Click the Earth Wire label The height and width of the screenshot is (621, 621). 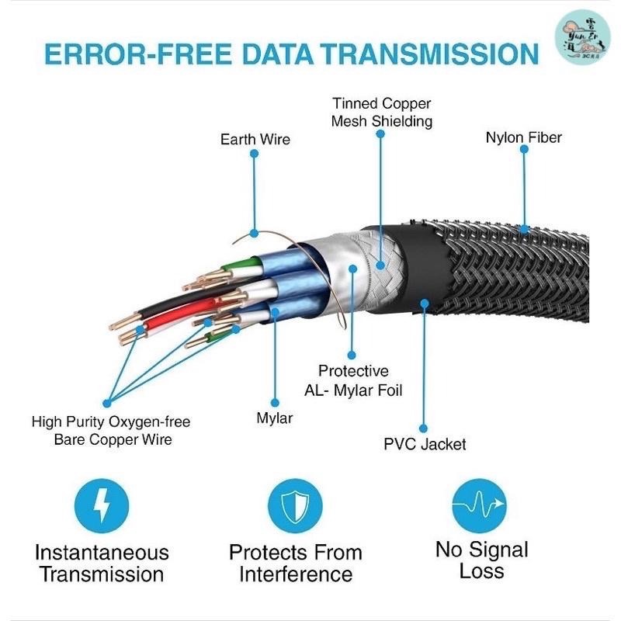pos(255,140)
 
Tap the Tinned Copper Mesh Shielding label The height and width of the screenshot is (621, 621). pos(381,113)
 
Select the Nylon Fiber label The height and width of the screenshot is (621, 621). pos(523,138)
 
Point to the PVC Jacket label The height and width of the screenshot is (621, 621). pos(425,445)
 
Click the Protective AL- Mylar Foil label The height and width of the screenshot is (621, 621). pos(353,380)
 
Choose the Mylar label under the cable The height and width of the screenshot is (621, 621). pos(274,419)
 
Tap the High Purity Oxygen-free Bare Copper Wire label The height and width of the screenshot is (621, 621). pos(111,431)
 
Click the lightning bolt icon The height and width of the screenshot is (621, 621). pos(100,507)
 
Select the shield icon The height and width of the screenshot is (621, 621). pos(295,507)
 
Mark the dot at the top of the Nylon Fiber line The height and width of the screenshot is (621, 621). pos(524,154)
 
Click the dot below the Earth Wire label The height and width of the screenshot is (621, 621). pos(254,155)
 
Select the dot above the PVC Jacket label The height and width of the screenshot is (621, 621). pos(424,428)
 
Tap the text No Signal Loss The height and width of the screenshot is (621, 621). pos(481,560)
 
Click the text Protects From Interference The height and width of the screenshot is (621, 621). pos(295,564)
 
